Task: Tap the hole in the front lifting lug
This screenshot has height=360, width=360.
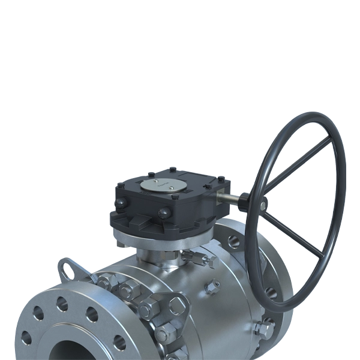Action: [x=177, y=307]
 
